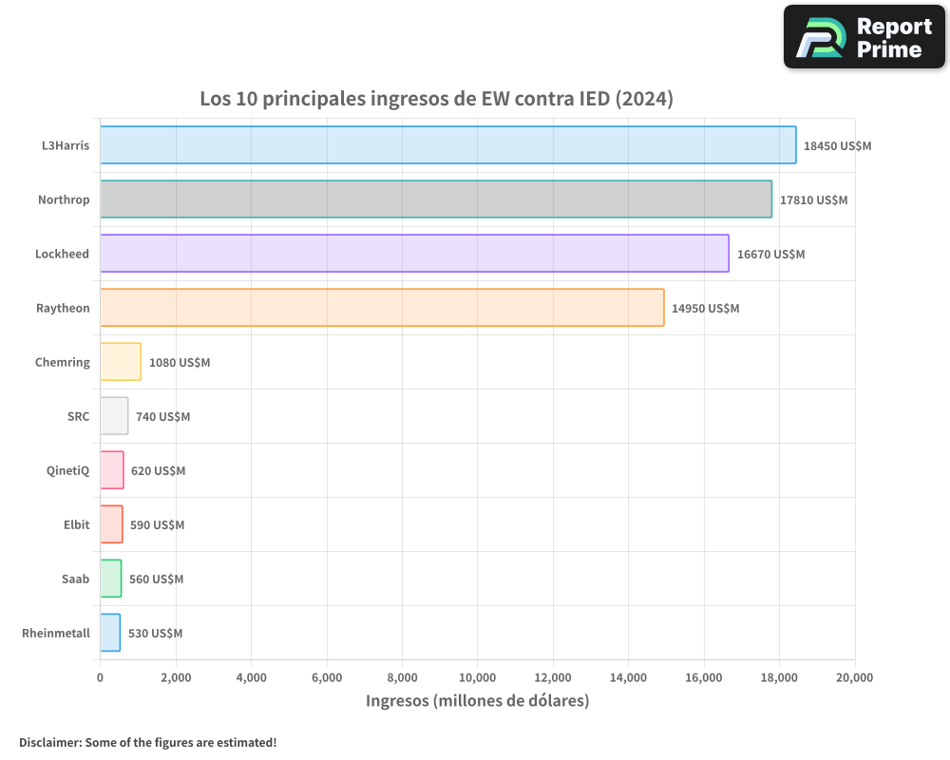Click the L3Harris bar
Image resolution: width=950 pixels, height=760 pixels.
point(447,145)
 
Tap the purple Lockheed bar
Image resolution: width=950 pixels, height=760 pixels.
point(414,254)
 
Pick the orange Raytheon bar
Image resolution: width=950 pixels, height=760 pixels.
point(382,308)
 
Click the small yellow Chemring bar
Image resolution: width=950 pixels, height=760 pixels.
point(121,362)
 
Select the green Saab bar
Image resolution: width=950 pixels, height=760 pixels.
point(111,579)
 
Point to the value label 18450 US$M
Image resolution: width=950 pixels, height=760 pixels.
point(837,146)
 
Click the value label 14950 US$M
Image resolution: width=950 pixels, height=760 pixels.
point(705,309)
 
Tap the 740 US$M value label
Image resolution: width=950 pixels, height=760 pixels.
point(162,417)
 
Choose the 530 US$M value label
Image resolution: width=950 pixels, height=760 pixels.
point(155,634)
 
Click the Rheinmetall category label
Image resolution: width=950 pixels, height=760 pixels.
point(56,633)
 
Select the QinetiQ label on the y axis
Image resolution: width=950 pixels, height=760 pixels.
point(67,470)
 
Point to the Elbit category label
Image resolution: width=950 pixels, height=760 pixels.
point(76,524)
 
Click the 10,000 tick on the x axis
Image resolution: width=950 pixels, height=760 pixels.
point(477,677)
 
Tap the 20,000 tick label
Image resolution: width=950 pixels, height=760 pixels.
point(854,677)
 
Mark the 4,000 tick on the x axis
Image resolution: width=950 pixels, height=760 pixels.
point(251,677)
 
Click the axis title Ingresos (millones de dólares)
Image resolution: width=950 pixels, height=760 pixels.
point(477,701)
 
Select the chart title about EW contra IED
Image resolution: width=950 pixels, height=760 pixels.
point(436,99)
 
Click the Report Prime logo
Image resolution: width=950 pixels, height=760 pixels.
point(864,37)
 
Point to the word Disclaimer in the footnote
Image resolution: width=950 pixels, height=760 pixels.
point(49,742)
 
